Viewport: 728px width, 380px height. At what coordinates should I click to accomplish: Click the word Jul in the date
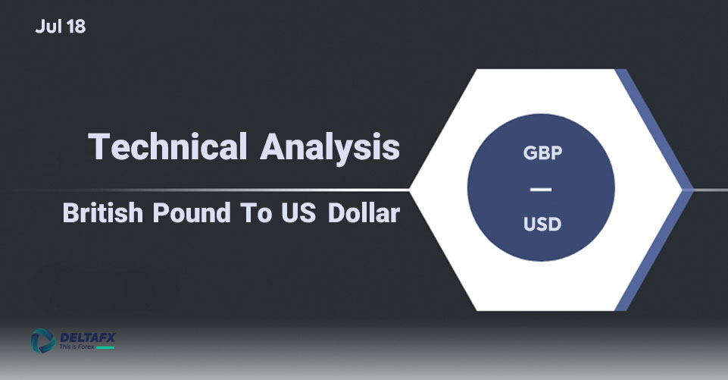(48, 27)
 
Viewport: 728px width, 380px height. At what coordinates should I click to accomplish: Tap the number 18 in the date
(77, 27)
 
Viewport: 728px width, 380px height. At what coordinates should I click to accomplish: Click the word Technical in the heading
(167, 146)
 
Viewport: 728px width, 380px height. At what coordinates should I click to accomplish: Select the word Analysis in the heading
(330, 148)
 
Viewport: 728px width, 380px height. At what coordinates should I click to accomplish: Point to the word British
(102, 212)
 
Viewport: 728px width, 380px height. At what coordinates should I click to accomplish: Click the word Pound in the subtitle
(192, 212)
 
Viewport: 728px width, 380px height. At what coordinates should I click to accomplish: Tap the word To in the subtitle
(256, 213)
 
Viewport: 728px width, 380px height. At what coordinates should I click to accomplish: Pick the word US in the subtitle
(298, 213)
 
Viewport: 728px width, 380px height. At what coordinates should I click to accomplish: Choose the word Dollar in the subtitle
(364, 212)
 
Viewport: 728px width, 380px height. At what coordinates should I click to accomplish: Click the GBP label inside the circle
(542, 152)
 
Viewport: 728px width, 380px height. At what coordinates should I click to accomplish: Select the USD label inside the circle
(542, 225)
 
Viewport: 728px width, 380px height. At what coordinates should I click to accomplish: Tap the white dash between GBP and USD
(541, 190)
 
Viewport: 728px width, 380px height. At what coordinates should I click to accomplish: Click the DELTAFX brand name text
(88, 338)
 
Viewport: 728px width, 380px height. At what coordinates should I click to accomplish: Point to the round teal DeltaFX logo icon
(43, 341)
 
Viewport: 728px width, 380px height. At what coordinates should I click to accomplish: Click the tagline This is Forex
(77, 347)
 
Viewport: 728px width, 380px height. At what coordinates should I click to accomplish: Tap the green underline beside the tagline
(105, 347)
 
